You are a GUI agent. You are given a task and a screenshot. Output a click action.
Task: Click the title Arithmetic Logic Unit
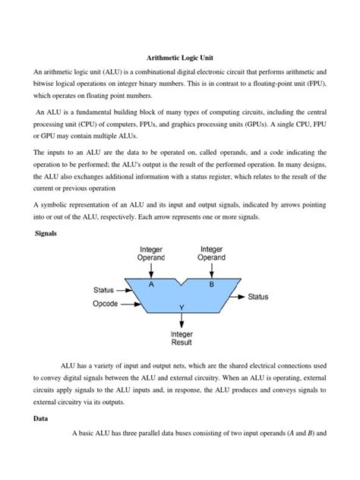[179, 56]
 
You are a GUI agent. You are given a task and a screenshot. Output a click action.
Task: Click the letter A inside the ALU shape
[152, 284]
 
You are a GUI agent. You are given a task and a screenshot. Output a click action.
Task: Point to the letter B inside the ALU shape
[211, 284]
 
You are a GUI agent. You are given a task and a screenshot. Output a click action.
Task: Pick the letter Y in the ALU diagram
[182, 307]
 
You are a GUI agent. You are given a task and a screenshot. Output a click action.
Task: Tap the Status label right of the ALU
[261, 297]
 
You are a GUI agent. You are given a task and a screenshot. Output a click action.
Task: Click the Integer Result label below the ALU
[181, 337]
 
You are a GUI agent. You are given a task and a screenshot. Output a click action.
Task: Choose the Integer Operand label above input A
[152, 254]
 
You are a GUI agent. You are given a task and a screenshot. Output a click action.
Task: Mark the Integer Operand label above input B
[211, 254]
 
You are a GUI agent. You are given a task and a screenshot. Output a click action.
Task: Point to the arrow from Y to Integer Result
[182, 319]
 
